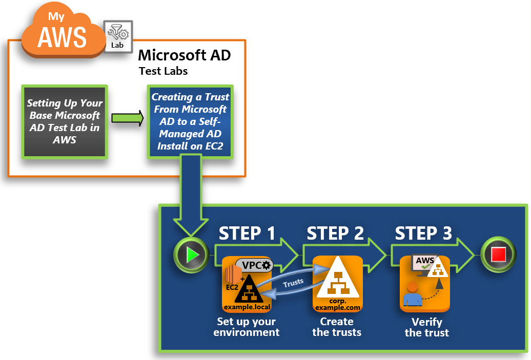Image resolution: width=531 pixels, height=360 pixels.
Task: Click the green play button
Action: [191, 253]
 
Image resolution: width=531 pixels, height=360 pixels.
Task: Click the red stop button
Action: [498, 253]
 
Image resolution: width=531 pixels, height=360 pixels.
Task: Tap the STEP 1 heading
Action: [247, 233]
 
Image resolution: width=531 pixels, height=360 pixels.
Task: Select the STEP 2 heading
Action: [335, 233]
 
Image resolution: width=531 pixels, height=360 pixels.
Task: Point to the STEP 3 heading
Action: [423, 233]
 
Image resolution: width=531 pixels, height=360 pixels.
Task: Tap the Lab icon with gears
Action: [118, 36]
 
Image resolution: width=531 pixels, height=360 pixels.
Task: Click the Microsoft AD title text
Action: [184, 55]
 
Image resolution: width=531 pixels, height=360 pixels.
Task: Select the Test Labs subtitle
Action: [163, 71]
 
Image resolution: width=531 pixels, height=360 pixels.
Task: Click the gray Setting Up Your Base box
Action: [64, 121]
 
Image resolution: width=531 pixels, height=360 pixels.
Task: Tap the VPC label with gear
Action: [254, 265]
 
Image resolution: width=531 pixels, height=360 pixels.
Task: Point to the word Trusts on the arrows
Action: [293, 281]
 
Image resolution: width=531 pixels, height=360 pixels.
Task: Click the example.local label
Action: [247, 307]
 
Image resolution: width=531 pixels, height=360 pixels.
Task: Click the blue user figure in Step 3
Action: [412, 300]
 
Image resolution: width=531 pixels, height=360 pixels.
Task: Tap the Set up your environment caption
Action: [247, 327]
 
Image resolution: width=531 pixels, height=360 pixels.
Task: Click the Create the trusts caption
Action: [337, 327]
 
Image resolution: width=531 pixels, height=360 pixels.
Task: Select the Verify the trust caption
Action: [426, 327]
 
